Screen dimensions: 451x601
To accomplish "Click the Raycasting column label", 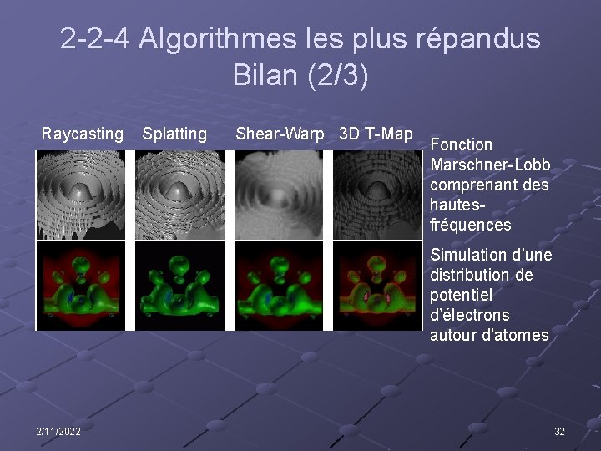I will click(x=83, y=134).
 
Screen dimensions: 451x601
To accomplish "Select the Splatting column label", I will click(x=174, y=134).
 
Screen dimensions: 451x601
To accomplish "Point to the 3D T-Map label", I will click(x=376, y=134).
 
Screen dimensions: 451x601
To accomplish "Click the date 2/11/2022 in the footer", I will click(x=58, y=431).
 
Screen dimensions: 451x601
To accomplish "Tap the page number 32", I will click(x=559, y=431).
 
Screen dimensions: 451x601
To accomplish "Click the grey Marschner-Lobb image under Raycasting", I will click(x=81, y=194).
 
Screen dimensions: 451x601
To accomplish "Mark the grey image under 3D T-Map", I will click(x=377, y=194).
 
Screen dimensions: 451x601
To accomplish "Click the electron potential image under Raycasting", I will click(x=81, y=286).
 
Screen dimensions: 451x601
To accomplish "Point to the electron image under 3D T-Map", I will click(x=377, y=286).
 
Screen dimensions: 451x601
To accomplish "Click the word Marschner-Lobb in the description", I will click(x=490, y=165).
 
